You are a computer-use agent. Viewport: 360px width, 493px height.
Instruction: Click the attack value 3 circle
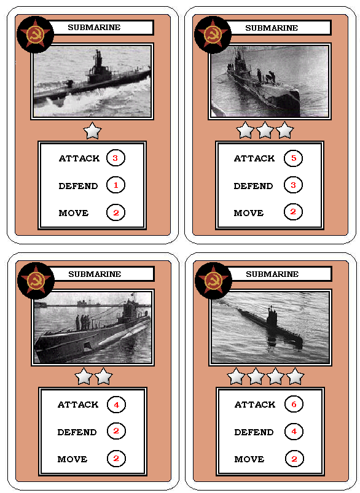115,158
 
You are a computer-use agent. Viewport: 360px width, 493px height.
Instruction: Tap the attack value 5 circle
293,158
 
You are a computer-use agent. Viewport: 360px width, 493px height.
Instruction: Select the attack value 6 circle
294,404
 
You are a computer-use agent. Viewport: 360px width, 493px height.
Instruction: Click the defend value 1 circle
115,185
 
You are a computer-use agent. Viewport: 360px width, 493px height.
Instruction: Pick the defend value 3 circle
293,185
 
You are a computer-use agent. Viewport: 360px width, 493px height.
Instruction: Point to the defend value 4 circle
294,431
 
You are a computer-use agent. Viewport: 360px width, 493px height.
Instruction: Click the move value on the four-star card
294,459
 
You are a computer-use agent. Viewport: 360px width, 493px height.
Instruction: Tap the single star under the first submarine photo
93,131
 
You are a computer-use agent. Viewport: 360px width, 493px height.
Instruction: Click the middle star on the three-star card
265,130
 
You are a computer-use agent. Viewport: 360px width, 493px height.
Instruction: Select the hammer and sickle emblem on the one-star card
35,34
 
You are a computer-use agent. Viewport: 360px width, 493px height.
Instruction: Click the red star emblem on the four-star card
214,280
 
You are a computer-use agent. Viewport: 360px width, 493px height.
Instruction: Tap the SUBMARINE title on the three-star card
272,28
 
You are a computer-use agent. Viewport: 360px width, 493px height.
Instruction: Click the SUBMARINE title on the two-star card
95,274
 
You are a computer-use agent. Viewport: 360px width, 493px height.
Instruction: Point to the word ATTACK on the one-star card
79,158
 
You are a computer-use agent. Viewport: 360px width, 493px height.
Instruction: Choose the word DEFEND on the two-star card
77,432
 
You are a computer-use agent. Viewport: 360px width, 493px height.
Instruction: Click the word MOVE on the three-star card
249,213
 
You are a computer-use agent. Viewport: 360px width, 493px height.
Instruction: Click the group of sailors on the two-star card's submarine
83,322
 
